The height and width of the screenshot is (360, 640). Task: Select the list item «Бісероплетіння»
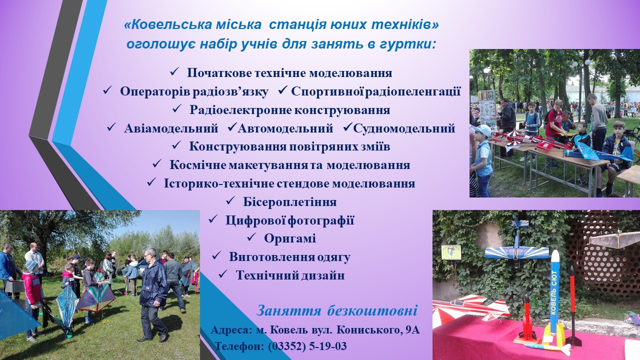(x=289, y=202)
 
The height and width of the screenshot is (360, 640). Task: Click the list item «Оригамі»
(x=290, y=238)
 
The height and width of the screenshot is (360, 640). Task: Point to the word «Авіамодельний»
(x=171, y=128)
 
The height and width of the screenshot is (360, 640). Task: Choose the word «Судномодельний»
(x=404, y=128)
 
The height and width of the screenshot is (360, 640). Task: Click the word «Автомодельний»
(x=285, y=128)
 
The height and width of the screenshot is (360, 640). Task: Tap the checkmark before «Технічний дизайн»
(x=223, y=274)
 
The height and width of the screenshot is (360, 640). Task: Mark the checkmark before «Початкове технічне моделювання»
(x=174, y=71)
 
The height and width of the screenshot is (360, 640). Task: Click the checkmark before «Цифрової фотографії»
(x=213, y=219)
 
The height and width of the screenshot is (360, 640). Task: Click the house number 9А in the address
(x=412, y=330)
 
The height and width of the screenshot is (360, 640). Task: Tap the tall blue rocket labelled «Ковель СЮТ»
(x=554, y=295)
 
